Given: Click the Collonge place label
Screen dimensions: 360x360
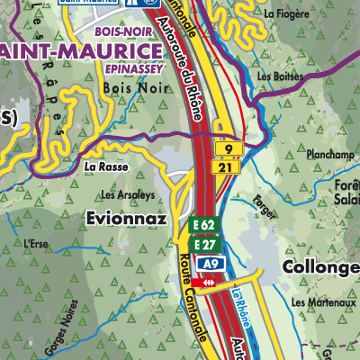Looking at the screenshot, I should tap(320, 268).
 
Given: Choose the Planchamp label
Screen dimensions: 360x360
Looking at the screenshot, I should tap(331, 154).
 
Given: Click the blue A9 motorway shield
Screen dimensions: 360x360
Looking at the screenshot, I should tap(211, 264).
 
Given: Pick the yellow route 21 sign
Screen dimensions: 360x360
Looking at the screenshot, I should tap(229, 166).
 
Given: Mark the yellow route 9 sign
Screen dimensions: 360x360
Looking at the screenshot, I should tap(229, 149).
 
